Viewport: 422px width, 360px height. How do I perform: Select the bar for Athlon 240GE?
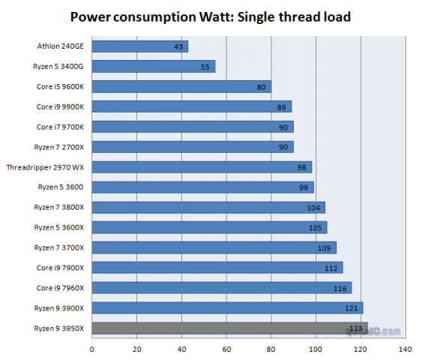pos(139,46)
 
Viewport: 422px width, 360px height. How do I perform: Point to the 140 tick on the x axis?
pos(406,348)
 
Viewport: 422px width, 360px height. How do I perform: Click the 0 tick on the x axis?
pos(91,348)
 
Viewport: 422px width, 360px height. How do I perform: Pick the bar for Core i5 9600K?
pos(181,86)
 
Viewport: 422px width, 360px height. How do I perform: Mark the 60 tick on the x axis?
pos(226,348)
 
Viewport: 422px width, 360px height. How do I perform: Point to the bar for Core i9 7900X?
pos(217,268)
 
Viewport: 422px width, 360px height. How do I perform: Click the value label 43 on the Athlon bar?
pos(179,46)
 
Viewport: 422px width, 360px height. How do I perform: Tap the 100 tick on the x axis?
pos(316,348)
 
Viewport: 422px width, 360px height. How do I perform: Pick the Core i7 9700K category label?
pos(60,127)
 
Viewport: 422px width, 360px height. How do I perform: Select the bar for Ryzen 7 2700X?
pos(192,147)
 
